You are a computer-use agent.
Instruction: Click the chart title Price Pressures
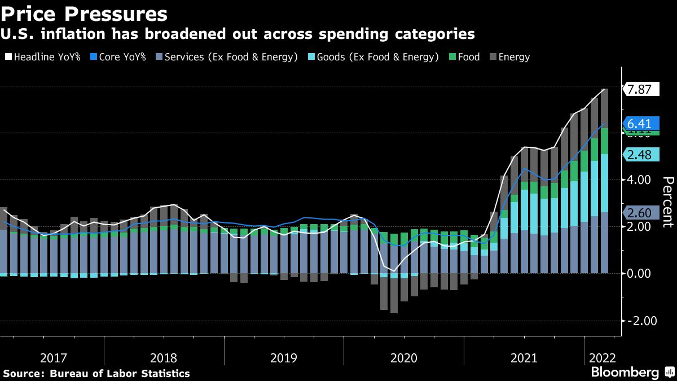(85, 12)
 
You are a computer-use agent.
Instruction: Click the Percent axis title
(667, 202)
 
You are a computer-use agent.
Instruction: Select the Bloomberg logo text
(625, 373)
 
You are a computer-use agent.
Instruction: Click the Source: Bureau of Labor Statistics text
(97, 373)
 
